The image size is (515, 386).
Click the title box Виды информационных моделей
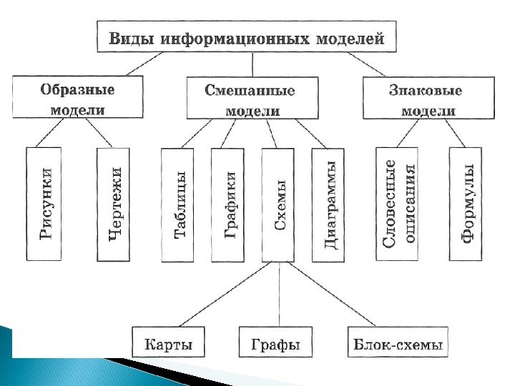pos(246,36)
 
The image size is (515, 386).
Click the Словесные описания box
pos(398,204)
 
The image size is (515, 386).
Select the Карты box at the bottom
pos(168,344)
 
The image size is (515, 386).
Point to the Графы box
pos(275,344)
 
